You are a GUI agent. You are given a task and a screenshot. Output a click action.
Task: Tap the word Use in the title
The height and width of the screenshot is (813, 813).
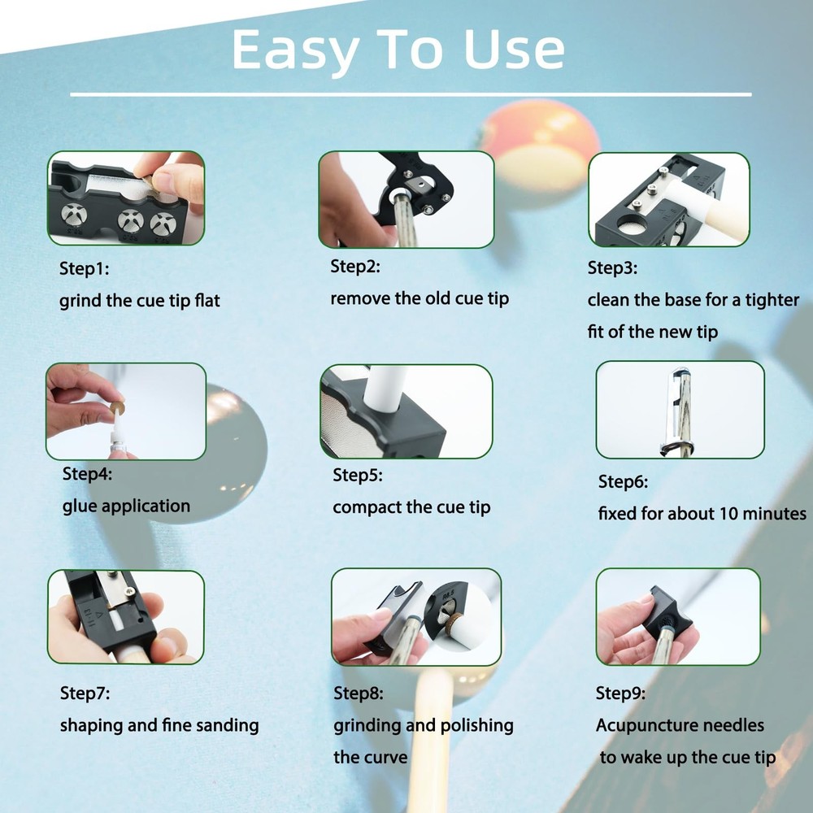(514, 50)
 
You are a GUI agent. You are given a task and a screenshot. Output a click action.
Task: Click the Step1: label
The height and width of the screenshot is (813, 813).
(84, 268)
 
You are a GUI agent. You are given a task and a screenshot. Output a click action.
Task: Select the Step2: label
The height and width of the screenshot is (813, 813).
(355, 267)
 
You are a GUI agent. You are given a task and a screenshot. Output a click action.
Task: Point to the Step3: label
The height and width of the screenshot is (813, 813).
(612, 267)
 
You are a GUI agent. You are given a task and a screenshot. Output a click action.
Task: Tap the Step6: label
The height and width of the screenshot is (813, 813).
(623, 481)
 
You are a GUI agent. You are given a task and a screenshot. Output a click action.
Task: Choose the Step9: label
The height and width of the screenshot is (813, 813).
(620, 693)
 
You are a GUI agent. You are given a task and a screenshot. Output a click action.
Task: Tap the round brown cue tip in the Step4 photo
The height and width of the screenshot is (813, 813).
(117, 407)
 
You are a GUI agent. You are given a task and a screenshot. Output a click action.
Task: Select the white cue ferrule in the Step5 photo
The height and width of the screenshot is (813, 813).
(385, 388)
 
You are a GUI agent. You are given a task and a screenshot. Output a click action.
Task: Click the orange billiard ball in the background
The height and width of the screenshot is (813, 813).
(539, 150)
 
